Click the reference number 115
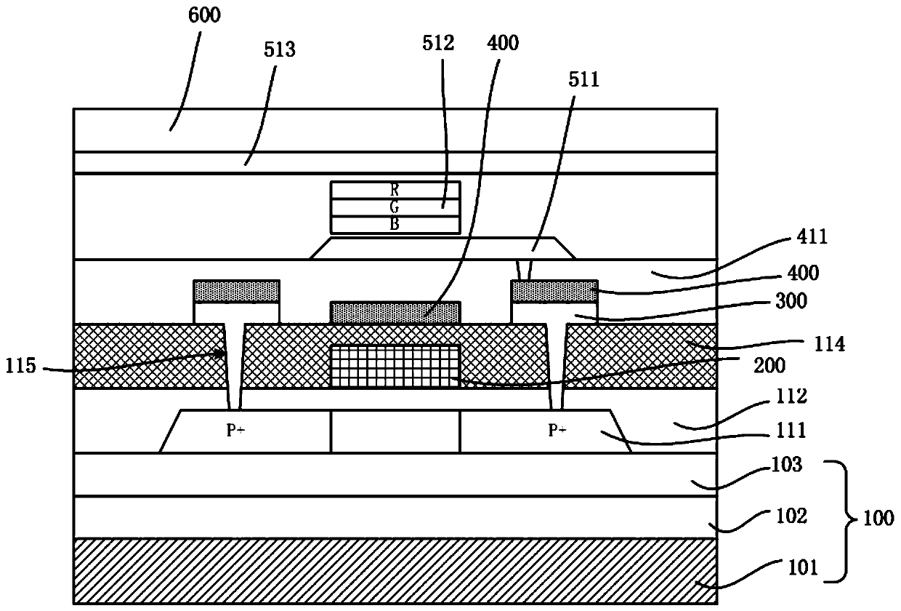click(20, 367)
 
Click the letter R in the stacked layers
click(395, 187)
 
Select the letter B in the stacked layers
click(395, 225)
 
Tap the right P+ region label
click(557, 431)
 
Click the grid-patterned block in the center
click(395, 365)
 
